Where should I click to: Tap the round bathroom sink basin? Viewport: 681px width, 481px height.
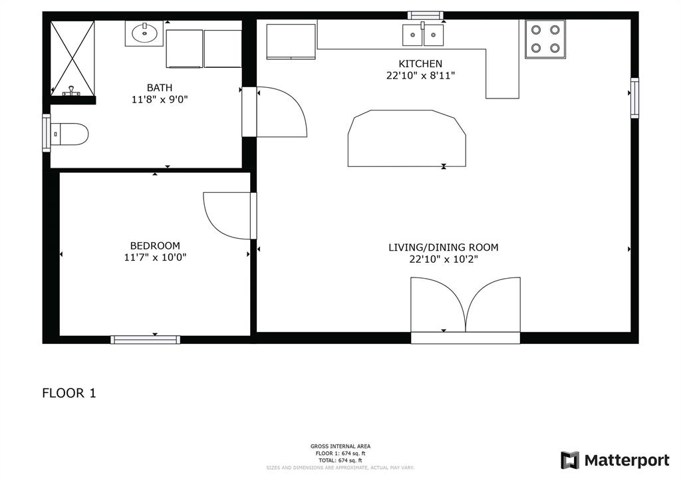[144, 32]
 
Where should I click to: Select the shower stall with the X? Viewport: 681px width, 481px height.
[72, 58]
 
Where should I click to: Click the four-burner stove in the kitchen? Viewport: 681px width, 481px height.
[545, 39]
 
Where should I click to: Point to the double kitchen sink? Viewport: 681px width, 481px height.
[422, 35]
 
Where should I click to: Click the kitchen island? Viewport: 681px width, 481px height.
[407, 138]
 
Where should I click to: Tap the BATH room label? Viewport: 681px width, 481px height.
[160, 88]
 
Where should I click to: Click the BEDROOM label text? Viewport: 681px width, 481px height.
[155, 245]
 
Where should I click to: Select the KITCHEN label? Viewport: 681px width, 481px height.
[420, 64]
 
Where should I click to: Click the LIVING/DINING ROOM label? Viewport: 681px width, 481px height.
[444, 247]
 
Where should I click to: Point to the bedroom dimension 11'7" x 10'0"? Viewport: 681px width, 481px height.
[155, 257]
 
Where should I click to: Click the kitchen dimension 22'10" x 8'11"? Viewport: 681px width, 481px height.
[420, 76]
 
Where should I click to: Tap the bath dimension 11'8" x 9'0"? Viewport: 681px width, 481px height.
[160, 100]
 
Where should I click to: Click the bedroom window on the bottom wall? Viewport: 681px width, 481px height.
[145, 339]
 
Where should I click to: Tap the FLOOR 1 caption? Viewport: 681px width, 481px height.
[69, 393]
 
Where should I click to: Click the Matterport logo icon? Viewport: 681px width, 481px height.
[570, 460]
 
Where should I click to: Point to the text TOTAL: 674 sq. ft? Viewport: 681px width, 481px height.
[340, 460]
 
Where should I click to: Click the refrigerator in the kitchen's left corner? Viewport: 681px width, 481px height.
[291, 41]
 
